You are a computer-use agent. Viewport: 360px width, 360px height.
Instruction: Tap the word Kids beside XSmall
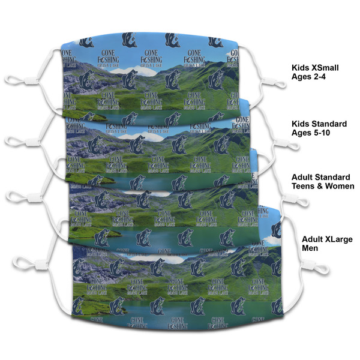click(x=301, y=68)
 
